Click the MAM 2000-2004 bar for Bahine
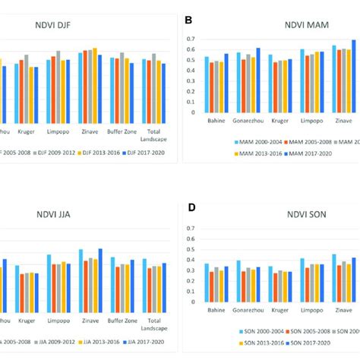(x=207, y=84)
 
